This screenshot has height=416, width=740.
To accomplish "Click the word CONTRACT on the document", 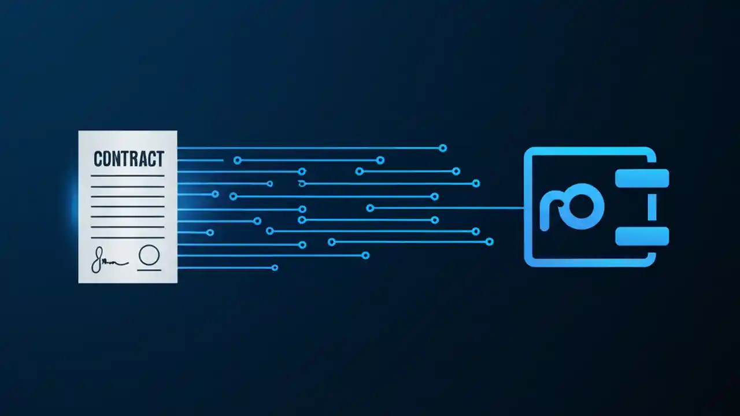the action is click(128, 159).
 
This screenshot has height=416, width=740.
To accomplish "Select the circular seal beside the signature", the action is click(149, 254).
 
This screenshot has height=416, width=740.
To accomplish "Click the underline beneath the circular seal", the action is click(149, 270).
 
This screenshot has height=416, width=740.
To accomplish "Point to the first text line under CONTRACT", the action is click(128, 176).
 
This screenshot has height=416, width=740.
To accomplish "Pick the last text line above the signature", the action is click(128, 237).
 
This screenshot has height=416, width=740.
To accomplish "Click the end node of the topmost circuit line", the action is click(443, 148).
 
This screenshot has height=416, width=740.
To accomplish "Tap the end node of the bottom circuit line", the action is click(275, 268).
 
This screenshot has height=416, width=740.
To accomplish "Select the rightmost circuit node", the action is click(490, 242).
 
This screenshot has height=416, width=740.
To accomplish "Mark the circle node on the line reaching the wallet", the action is click(370, 208).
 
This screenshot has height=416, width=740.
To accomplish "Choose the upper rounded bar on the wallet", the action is click(642, 179).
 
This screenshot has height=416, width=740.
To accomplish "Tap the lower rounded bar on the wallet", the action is click(642, 236).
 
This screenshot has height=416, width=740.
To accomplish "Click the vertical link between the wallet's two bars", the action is click(652, 207).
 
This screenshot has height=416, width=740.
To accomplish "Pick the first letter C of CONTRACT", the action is click(98, 159).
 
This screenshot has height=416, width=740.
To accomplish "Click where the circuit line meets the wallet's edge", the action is click(524, 208).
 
